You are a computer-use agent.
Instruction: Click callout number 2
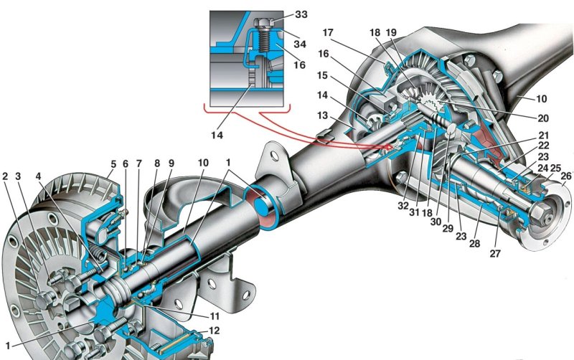tap(6, 176)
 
